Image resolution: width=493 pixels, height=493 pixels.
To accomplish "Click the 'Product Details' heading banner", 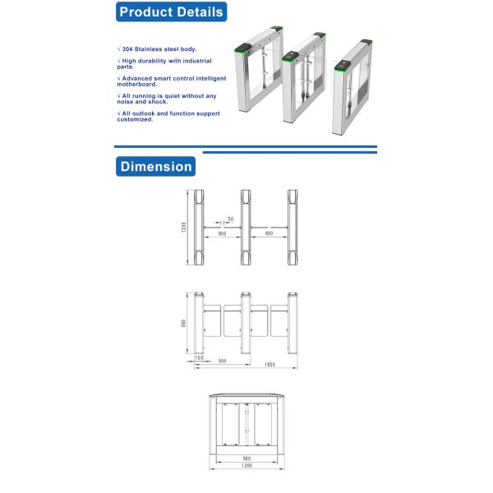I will click(170, 12).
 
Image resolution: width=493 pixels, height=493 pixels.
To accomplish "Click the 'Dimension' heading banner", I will click(155, 166).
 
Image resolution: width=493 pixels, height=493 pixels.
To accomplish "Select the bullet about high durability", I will click(164, 63).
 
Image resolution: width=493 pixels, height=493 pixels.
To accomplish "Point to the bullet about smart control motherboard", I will click(168, 81).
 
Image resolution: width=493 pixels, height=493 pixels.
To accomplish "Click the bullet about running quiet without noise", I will click(167, 98).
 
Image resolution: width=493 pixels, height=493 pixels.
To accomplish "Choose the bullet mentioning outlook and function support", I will click(168, 116).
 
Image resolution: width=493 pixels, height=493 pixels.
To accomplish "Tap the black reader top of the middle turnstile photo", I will click(292, 57).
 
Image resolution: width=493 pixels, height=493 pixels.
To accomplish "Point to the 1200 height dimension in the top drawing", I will click(185, 228).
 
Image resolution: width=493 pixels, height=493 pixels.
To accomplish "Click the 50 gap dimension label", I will click(231, 219).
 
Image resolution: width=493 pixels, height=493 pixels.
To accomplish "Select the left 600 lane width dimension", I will click(222, 234).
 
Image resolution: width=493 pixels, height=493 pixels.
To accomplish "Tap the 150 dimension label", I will click(199, 357).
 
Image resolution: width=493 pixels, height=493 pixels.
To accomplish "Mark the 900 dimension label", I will click(222, 362).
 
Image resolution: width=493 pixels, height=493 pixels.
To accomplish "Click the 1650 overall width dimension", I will click(269, 365).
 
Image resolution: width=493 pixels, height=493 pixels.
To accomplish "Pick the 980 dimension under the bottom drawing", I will click(246, 458).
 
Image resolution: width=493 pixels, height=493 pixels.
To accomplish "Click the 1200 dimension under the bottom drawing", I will click(246, 466).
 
